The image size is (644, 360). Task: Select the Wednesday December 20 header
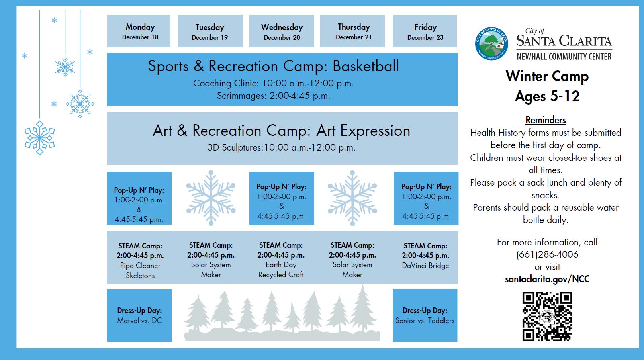click(x=282, y=31)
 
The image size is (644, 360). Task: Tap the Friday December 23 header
click(x=425, y=31)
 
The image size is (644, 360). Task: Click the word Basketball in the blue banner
click(x=365, y=66)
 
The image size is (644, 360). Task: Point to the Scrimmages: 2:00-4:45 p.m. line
click(x=273, y=96)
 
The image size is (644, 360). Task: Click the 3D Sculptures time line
click(x=281, y=147)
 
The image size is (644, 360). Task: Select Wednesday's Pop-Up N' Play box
click(x=282, y=198)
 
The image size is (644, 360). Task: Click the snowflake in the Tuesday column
click(x=211, y=198)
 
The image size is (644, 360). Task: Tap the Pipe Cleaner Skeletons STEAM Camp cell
click(x=140, y=260)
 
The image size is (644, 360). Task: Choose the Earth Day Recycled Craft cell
click(x=281, y=260)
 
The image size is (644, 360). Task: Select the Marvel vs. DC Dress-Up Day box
click(x=139, y=315)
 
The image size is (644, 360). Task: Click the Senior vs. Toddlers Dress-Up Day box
click(x=425, y=315)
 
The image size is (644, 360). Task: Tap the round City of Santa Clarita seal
click(x=491, y=44)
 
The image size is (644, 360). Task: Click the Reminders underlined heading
click(x=545, y=120)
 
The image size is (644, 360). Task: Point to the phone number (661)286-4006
click(x=547, y=254)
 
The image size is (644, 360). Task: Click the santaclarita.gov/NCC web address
click(x=547, y=279)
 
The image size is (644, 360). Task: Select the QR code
click(x=547, y=316)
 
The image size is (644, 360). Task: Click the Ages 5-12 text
click(x=547, y=96)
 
